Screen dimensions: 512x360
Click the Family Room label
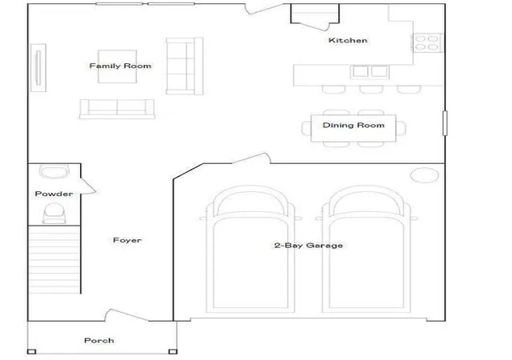point(120,66)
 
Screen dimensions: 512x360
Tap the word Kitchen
point(348,41)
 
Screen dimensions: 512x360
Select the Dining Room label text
point(354,125)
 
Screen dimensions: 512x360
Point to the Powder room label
point(54,194)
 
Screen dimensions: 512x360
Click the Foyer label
point(127,240)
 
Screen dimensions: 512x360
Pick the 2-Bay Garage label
point(309,246)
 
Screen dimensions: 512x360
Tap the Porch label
point(99,340)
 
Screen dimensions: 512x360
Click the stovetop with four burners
point(426,42)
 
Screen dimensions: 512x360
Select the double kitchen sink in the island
point(370,71)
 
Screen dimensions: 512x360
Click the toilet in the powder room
point(54,214)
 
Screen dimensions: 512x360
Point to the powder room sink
point(54,171)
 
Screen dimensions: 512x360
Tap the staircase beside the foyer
point(54,259)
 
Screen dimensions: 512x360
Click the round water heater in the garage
point(424,174)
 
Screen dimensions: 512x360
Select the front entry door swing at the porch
point(126,315)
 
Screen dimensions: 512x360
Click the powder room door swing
point(88,186)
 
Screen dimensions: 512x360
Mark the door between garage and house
point(251,158)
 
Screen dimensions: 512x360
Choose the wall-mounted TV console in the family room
point(38,68)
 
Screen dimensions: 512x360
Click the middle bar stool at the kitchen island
point(371,90)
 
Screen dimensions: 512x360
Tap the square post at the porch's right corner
point(173,351)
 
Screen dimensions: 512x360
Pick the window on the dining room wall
point(445,123)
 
